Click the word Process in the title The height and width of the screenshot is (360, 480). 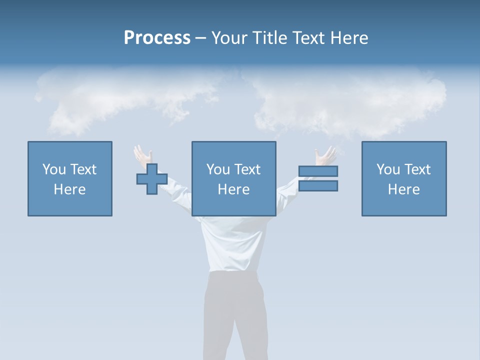(x=157, y=38)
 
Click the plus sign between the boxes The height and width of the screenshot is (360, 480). (x=152, y=179)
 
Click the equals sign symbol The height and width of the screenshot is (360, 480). (x=318, y=178)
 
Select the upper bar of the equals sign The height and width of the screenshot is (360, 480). (x=318, y=171)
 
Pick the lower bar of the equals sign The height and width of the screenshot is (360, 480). (x=318, y=186)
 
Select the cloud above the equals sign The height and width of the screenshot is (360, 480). (x=350, y=102)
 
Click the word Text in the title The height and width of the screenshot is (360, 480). (x=306, y=38)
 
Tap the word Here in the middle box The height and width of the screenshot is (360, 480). (x=234, y=189)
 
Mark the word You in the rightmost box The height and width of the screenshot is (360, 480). (x=388, y=169)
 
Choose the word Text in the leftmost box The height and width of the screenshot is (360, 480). (x=83, y=169)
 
